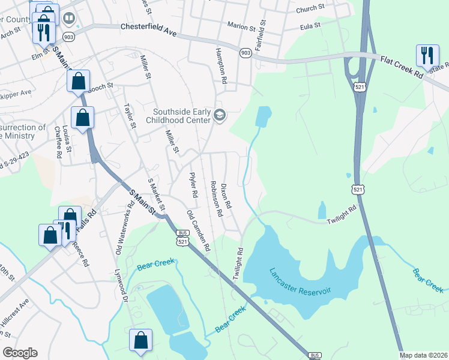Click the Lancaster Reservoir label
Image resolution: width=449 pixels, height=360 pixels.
click(x=300, y=281)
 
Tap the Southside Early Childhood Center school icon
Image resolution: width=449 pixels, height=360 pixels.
click(x=219, y=115)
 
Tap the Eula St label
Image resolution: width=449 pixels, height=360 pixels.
click(x=310, y=26)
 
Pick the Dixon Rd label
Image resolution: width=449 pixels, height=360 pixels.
click(x=226, y=196)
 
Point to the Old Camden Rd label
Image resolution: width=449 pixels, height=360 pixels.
click(x=199, y=231)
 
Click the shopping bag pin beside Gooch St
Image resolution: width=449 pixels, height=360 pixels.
click(x=79, y=82)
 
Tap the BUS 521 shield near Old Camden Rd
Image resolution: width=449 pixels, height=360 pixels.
click(x=181, y=238)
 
